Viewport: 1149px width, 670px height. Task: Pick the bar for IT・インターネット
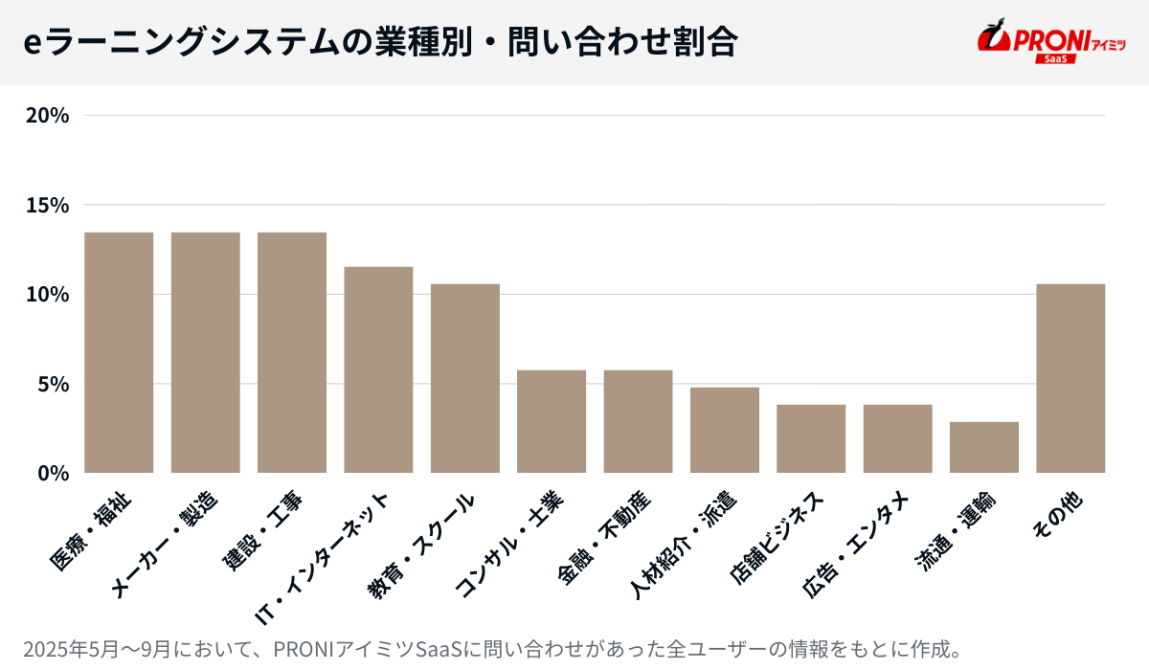pyautogui.click(x=378, y=369)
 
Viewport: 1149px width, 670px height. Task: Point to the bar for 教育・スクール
pyautogui.click(x=465, y=378)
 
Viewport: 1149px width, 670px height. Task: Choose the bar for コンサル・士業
pyautogui.click(x=552, y=421)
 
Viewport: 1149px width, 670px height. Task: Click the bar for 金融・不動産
pyautogui.click(x=638, y=421)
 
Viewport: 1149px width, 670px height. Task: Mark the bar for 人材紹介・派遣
pyautogui.click(x=725, y=430)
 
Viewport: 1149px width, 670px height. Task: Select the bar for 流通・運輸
pyautogui.click(x=984, y=447)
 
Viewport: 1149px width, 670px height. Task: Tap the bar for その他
pyautogui.click(x=1070, y=378)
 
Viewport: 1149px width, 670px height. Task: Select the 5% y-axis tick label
pyautogui.click(x=54, y=384)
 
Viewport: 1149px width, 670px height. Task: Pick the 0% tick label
pyautogui.click(x=54, y=473)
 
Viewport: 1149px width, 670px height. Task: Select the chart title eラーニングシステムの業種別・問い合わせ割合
pyautogui.click(x=379, y=42)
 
